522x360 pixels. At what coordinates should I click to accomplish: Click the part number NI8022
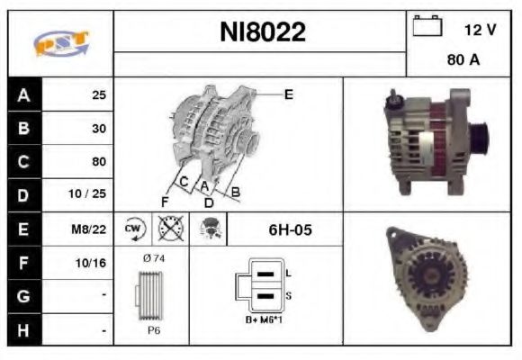coord(263,32)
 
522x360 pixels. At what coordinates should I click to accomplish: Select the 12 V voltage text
coord(480,30)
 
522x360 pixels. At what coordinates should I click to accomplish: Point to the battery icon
coord(426,28)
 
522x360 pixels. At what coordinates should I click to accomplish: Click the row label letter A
coord(23,94)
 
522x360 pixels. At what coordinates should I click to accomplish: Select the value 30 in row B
coord(98,128)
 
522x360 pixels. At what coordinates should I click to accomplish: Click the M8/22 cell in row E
coord(92,229)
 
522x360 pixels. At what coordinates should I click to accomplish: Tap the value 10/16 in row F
coord(93,263)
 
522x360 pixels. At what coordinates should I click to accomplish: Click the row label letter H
coord(23,330)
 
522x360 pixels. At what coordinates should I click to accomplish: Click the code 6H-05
coord(290,229)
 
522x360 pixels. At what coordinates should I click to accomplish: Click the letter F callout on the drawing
coord(166,200)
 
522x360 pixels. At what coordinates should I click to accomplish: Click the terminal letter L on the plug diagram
coord(288,272)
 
